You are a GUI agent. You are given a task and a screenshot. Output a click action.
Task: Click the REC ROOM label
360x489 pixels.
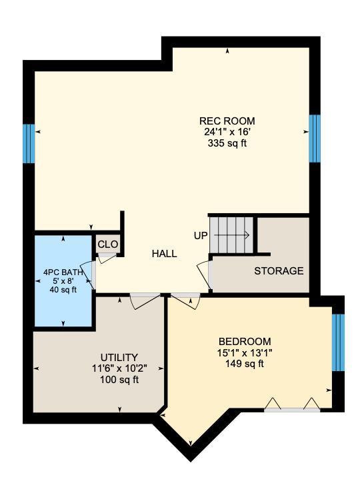click(227, 121)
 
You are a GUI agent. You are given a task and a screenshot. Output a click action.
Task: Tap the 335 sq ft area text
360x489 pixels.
click(227, 143)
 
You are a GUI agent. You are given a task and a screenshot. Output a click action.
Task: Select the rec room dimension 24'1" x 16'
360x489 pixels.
click(227, 132)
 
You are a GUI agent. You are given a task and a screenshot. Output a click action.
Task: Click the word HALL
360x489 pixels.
click(165, 254)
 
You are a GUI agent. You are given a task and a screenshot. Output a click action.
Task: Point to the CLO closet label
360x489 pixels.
click(108, 244)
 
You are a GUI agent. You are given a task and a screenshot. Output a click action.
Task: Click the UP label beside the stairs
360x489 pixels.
click(201, 236)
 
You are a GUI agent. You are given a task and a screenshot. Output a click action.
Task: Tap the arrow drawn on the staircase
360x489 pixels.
click(232, 235)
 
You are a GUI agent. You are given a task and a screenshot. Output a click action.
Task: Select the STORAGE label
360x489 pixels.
click(279, 270)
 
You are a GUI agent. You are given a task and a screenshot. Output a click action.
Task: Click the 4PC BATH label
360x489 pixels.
click(63, 272)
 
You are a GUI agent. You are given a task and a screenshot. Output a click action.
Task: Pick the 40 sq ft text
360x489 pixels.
click(63, 290)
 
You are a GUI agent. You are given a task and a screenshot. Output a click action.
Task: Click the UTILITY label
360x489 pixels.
click(119, 357)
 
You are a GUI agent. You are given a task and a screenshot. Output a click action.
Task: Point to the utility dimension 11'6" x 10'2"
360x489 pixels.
click(119, 368)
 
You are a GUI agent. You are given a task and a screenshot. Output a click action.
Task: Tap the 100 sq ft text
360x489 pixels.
click(119, 380)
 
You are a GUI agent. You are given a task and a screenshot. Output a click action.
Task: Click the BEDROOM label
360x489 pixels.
click(245, 341)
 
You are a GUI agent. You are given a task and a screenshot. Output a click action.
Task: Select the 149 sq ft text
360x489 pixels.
click(245, 364)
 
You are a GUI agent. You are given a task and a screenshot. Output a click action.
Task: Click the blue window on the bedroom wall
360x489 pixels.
click(338, 342)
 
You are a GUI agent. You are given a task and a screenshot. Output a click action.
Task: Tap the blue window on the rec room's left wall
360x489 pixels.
click(29, 144)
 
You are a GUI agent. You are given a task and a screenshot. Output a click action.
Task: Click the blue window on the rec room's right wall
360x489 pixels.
click(315, 139)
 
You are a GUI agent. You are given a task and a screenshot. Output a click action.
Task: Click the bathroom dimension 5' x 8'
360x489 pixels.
click(63, 281)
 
